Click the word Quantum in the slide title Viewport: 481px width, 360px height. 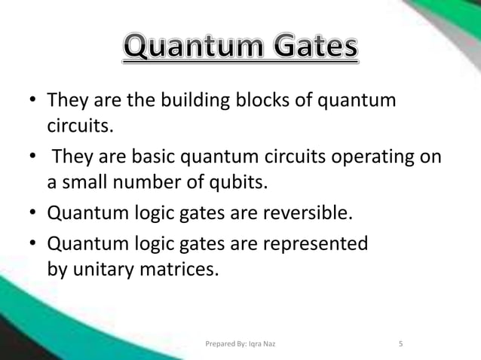[x=185, y=50]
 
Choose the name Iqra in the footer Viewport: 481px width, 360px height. [x=254, y=345]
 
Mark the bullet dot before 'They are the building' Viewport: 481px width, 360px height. [x=32, y=101]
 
